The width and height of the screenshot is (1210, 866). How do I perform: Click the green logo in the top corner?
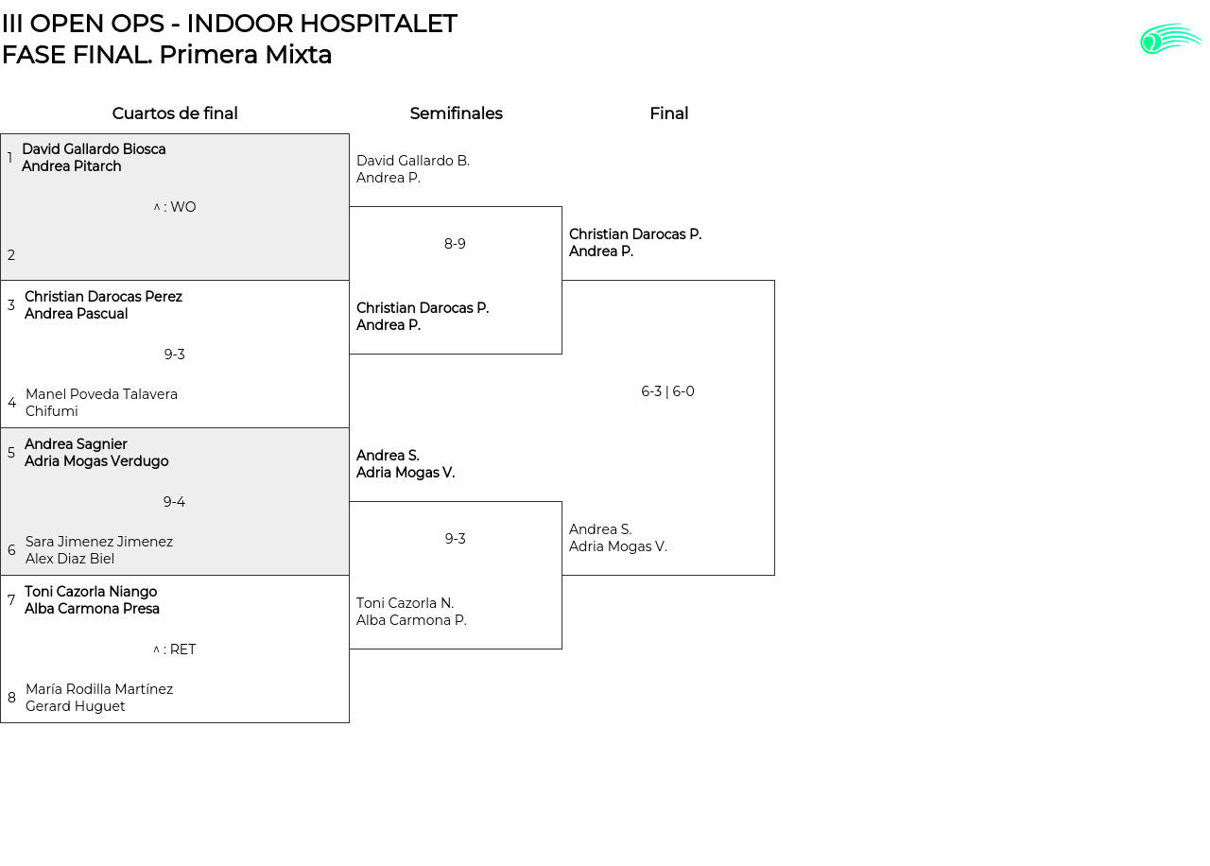pos(1170,39)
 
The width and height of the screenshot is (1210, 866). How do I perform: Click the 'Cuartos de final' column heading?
pos(175,113)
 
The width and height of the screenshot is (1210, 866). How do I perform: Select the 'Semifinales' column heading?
pos(456,113)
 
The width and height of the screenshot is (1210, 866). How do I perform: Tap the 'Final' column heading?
pos(668,113)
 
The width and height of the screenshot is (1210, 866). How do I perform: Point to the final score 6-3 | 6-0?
pos(667,391)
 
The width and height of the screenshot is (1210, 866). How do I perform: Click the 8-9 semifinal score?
pos(455,244)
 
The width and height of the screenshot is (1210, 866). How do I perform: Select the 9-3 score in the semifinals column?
pos(455,539)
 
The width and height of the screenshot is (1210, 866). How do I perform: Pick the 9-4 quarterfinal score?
pos(174,502)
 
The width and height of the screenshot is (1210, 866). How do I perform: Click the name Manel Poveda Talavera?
pos(101,394)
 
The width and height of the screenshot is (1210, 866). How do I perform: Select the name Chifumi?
pos(52,411)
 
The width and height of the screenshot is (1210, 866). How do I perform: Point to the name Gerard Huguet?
pos(76,706)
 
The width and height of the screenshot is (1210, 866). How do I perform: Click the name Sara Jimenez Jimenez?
pos(99,542)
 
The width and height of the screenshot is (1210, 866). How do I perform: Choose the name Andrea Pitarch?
pos(72,166)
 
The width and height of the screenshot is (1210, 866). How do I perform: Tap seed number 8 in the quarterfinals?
pos(11,698)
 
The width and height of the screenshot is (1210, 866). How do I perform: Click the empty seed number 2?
pos(11,255)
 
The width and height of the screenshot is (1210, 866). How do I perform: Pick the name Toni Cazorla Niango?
pos(91,592)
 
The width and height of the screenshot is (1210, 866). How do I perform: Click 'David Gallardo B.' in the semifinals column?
pos(413,161)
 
